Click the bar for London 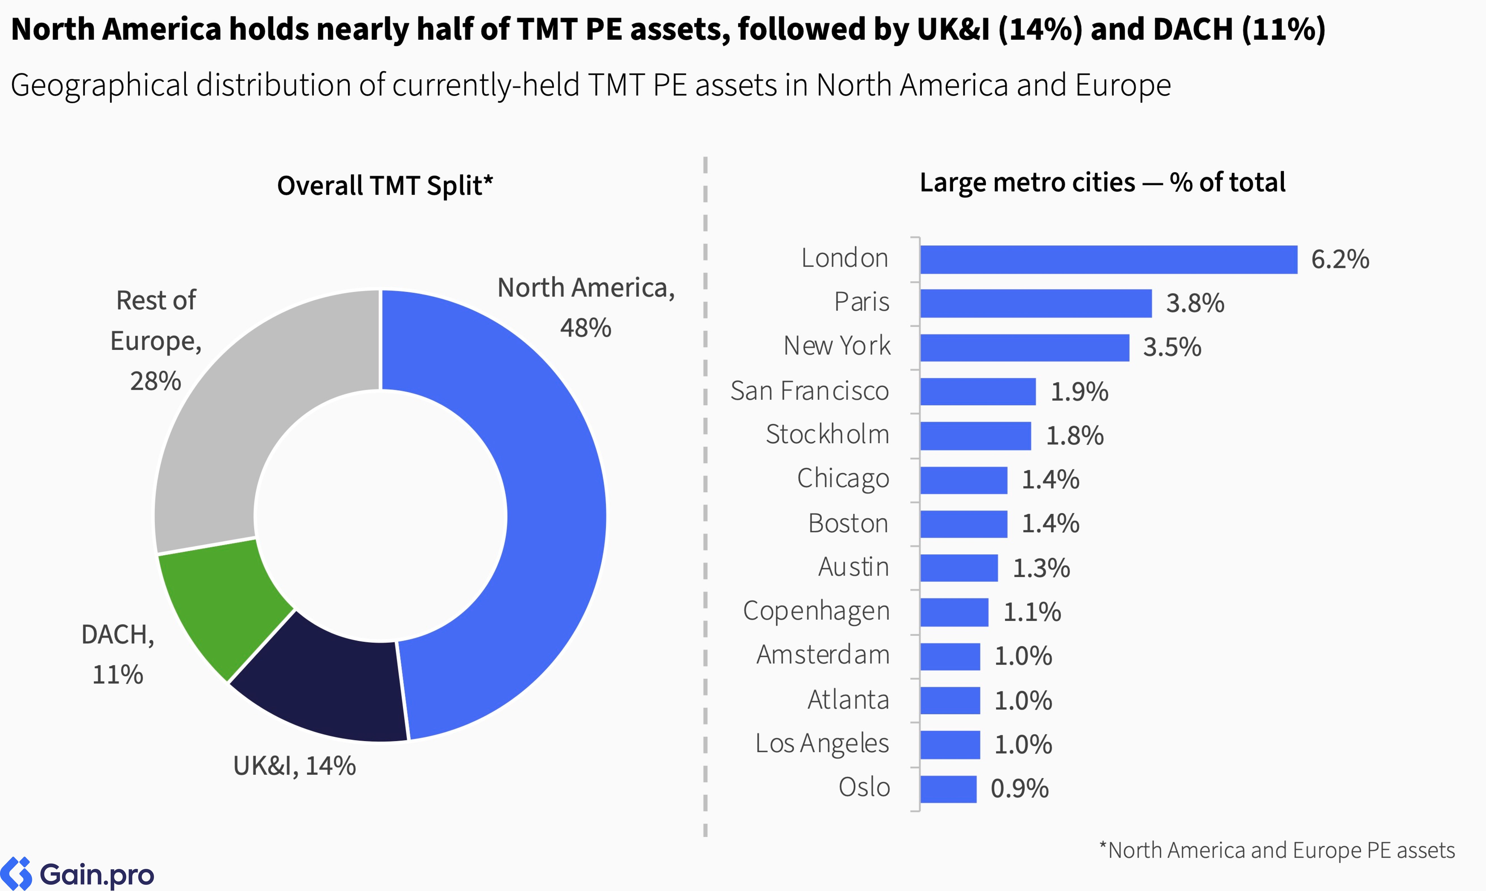(x=1108, y=259)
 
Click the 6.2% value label (x=1339, y=259)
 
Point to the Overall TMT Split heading (x=384, y=186)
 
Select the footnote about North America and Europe (x=1276, y=850)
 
